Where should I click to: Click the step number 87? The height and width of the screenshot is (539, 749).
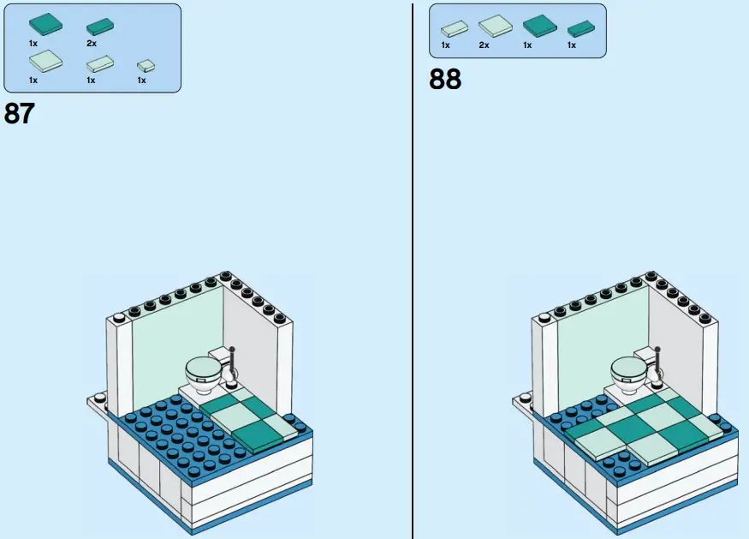(19, 113)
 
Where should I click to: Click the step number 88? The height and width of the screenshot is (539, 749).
(445, 79)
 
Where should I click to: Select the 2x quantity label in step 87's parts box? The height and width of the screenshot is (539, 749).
(91, 43)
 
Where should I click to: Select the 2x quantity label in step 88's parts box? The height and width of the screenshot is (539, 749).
(484, 45)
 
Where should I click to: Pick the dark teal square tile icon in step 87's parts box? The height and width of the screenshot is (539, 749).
(45, 22)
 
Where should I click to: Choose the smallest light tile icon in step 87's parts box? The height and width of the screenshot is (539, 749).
(146, 65)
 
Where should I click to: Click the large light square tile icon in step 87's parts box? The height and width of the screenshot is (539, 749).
(45, 61)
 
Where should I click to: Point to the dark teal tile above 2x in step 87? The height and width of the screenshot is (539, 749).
(100, 27)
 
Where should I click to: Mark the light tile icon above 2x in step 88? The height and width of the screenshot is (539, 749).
(495, 27)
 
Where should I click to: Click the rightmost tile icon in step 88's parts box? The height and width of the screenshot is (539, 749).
(581, 28)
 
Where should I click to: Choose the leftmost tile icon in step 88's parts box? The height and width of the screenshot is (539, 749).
(454, 29)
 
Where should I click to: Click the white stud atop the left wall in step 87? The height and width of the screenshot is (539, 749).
(119, 319)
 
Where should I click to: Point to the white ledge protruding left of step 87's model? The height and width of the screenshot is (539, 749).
(97, 401)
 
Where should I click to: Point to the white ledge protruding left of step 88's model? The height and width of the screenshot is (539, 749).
(522, 400)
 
